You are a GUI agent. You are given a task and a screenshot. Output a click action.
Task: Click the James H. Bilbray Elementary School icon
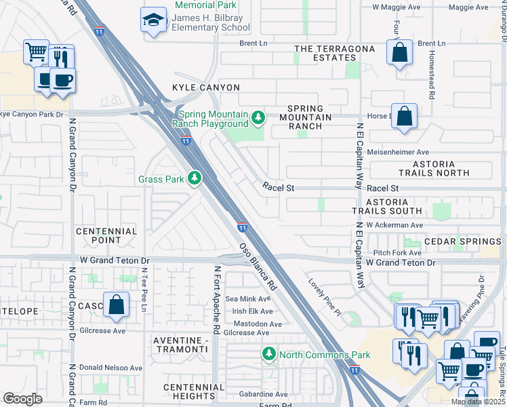(x=153, y=20)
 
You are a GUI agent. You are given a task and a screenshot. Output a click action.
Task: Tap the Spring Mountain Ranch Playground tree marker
(x=258, y=119)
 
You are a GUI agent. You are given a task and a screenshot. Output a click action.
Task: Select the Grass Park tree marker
(x=195, y=178)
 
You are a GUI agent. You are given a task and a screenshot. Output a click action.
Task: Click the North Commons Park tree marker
(x=269, y=354)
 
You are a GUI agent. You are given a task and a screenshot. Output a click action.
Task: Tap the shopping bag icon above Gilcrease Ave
(x=117, y=305)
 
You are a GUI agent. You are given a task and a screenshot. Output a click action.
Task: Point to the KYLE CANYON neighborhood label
(x=206, y=88)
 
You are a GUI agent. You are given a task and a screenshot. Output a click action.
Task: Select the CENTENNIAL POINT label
(x=106, y=236)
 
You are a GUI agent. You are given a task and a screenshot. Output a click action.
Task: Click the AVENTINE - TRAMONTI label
(x=180, y=344)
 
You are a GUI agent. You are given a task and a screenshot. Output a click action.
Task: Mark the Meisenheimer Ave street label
(x=398, y=153)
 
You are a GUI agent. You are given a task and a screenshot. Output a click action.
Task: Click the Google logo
(x=22, y=398)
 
